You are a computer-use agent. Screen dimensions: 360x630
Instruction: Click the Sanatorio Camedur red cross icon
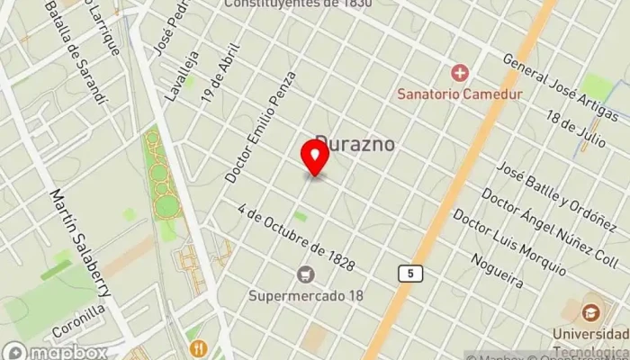460,72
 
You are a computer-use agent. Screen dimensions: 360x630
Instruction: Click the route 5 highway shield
408,272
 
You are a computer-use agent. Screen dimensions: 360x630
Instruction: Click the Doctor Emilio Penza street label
261,127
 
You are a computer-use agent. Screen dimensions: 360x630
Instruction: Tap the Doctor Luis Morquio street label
508,243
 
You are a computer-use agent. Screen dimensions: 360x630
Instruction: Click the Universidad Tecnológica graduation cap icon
591,313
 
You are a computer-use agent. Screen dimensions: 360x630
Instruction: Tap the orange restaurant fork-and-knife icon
197,347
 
